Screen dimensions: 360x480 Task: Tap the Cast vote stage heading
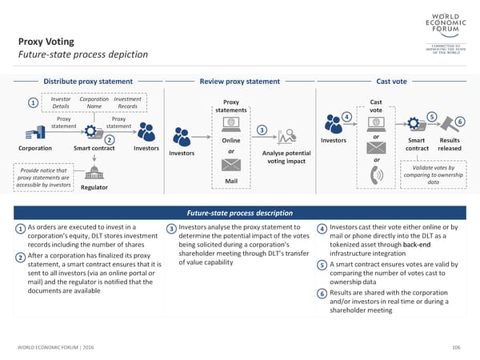pyautogui.click(x=391, y=82)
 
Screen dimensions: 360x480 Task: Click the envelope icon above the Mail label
pyautogui.click(x=230, y=166)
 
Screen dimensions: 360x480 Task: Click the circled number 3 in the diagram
pyautogui.click(x=261, y=130)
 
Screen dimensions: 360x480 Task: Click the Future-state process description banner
pyautogui.click(x=239, y=214)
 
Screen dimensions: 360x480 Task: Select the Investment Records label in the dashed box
pyautogui.click(x=127, y=102)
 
